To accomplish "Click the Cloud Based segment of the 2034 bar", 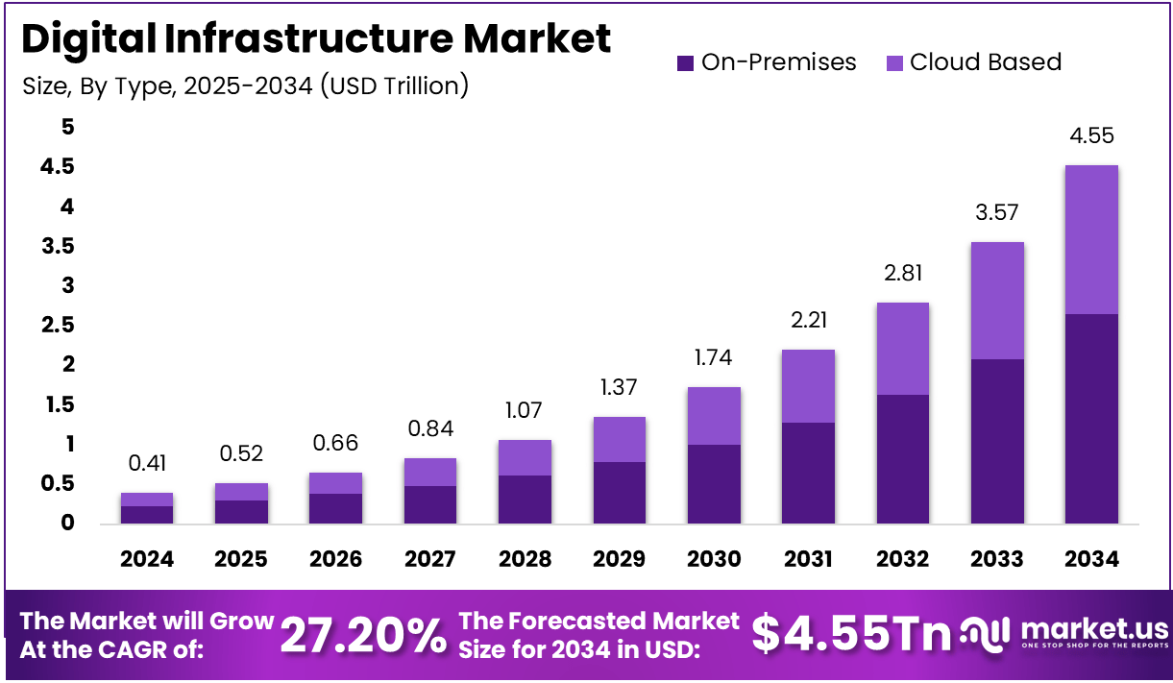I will click(1091, 240).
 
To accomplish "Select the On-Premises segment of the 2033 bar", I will click(996, 441).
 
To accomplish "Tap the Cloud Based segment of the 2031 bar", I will click(807, 386).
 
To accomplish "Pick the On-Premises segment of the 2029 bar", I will click(619, 492).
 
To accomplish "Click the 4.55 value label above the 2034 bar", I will click(1091, 136).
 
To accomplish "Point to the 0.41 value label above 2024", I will click(147, 464).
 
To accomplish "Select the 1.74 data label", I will click(713, 358).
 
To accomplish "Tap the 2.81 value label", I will click(902, 274).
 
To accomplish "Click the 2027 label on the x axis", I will click(430, 559).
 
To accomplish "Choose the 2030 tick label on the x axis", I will click(713, 559).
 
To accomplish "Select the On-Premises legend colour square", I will click(685, 63).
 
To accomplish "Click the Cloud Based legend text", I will click(986, 62).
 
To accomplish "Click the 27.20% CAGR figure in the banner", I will click(363, 635).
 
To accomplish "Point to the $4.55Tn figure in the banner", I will click(851, 634).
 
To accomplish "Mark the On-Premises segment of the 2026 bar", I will click(335, 508).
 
